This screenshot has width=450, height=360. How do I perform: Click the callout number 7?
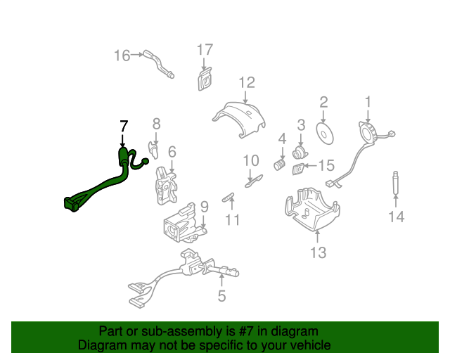coord(124,126)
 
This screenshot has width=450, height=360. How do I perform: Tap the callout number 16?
coord(122,55)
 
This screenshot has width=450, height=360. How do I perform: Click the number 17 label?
coord(204,49)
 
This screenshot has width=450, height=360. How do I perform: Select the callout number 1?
coord(368,103)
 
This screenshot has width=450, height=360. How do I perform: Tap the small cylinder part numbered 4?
coord(281,165)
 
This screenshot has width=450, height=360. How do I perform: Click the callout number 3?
coord(301,125)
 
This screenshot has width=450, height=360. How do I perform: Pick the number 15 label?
coord(327,166)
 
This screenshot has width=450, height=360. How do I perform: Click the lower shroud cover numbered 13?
coord(311,210)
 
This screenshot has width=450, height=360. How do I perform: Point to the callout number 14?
coord(397,217)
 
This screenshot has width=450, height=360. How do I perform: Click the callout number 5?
coord(221,296)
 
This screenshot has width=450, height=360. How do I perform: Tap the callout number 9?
coord(204,207)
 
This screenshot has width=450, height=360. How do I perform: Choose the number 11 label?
coord(232,220)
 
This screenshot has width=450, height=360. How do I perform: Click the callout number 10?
coord(251,161)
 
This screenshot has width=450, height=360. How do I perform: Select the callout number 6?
coord(172,151)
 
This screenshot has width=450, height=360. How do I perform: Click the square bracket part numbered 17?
coord(205,79)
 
